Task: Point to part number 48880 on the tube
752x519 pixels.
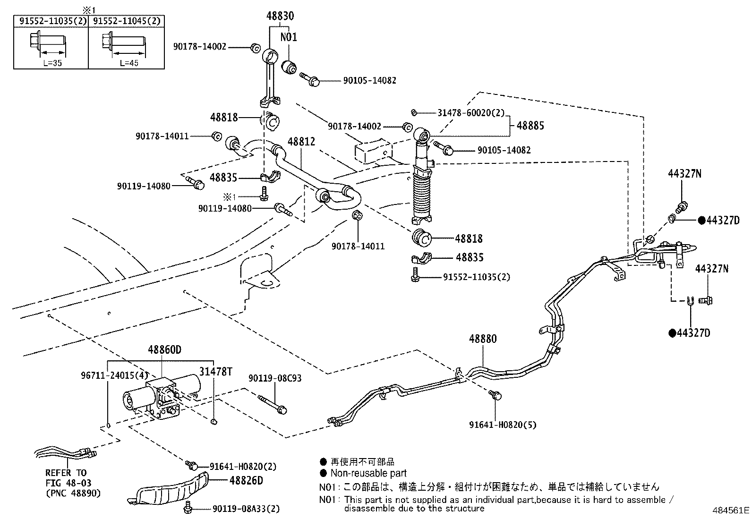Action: [483, 339]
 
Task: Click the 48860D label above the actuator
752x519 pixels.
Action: [164, 350]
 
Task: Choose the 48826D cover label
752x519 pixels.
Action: [246, 480]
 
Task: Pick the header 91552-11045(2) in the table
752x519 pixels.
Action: [126, 21]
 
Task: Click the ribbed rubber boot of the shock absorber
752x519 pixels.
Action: [422, 194]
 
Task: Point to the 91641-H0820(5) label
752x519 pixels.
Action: [503, 425]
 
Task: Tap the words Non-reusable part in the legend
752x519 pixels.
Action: [368, 473]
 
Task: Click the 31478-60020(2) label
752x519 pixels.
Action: [471, 113]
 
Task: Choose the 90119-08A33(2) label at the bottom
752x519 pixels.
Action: [246, 509]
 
